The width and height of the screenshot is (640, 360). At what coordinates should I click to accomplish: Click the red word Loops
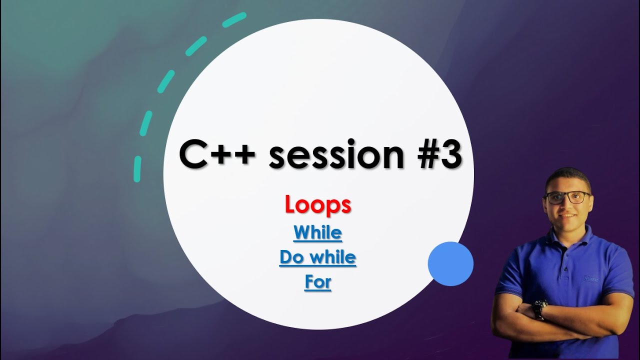click(x=318, y=205)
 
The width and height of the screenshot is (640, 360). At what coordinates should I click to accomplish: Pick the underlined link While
click(x=318, y=232)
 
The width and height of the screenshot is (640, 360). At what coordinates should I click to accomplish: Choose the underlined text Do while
click(x=318, y=257)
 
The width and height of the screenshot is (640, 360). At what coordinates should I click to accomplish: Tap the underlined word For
click(x=318, y=282)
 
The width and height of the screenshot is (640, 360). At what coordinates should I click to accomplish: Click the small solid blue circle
click(x=450, y=264)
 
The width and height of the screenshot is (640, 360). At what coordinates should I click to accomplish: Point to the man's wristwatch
click(x=538, y=309)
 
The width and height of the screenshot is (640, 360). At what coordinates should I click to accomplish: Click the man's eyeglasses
click(x=567, y=197)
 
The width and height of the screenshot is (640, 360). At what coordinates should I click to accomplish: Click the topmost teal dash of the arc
click(x=234, y=19)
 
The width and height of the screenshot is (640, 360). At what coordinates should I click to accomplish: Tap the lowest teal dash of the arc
click(x=137, y=169)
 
